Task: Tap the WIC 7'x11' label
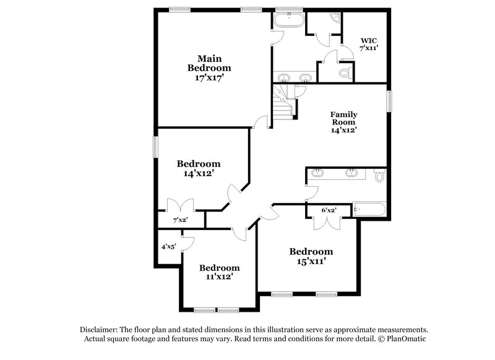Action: tap(369, 44)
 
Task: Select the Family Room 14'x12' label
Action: tap(345, 122)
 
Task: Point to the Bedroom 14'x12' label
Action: tap(199, 169)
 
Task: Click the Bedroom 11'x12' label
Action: tap(219, 272)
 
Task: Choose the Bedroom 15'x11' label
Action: tap(311, 256)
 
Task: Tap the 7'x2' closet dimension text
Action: tap(179, 219)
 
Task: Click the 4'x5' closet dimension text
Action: tap(168, 247)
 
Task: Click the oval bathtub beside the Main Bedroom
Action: tap(288, 20)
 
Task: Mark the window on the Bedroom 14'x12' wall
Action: tap(155, 147)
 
